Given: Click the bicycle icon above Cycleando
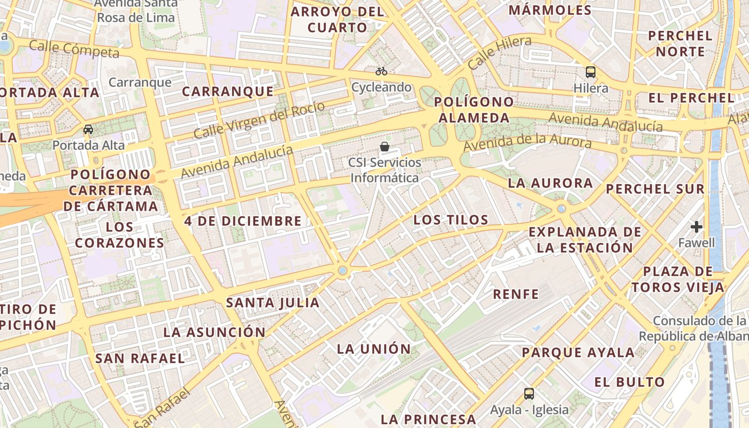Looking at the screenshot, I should click(x=381, y=71).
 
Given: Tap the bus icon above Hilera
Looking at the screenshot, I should click(x=591, y=72).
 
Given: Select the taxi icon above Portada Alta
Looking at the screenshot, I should click(x=88, y=129).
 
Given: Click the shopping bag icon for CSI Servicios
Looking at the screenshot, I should click(x=384, y=146).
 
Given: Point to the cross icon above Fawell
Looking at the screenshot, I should click(x=696, y=227).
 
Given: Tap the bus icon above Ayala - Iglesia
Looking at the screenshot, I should click(x=529, y=394).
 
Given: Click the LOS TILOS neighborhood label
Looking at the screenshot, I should click(x=450, y=220).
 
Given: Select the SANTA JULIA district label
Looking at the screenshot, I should click(x=272, y=303).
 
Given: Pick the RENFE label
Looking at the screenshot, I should click(x=516, y=294).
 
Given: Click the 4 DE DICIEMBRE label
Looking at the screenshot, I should click(x=243, y=221).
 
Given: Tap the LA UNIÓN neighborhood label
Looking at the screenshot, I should click(x=373, y=349).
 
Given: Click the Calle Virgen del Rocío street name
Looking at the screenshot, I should click(x=259, y=119).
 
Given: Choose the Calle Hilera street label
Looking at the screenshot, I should click(x=500, y=52).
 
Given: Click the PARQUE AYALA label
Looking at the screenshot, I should click(x=578, y=353).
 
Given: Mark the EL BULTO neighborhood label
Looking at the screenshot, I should click(x=629, y=382).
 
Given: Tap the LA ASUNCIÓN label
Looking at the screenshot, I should click(x=214, y=332).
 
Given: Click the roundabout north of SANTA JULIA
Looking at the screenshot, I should click(x=342, y=271).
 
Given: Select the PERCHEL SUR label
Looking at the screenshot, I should click(x=655, y=189).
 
